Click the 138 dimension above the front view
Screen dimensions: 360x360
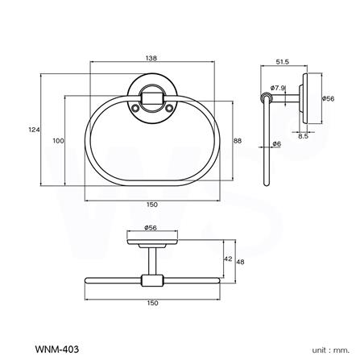point(152,59)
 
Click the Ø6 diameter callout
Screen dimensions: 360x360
point(276,144)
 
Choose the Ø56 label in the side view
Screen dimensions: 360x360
point(328,98)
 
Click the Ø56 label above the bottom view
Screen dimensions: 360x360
point(151,228)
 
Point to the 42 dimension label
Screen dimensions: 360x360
point(228,259)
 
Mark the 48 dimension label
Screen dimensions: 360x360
point(241,259)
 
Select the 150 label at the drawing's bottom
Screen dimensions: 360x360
point(152,302)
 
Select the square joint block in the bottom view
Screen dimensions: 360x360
point(150,280)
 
